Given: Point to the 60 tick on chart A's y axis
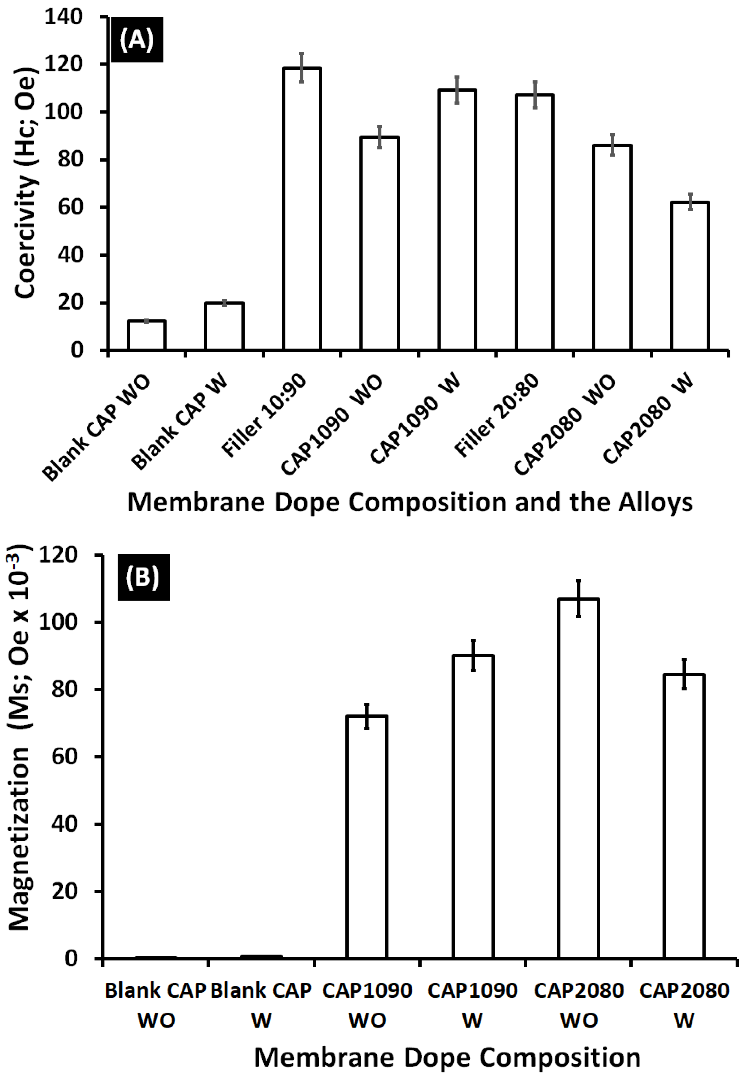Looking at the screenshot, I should coord(70,207).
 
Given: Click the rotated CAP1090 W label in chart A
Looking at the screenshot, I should coord(415,419).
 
